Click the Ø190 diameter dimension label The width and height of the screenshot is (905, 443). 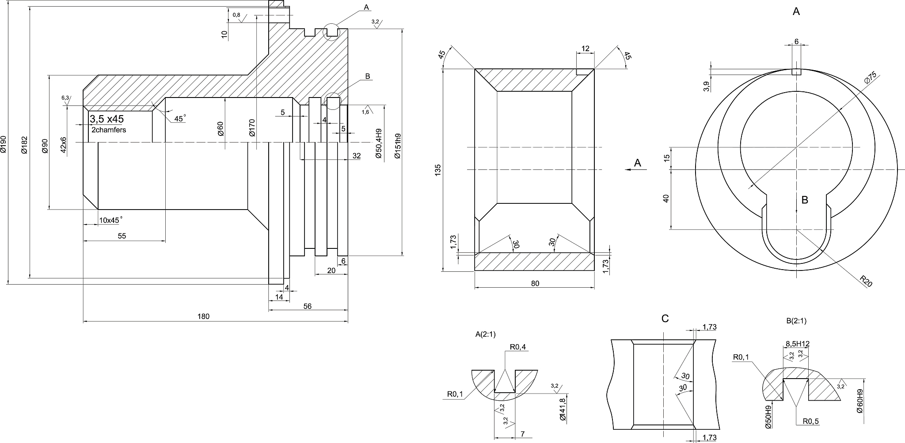(4, 144)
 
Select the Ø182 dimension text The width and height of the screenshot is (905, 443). (25, 144)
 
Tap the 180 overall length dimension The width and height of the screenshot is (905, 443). (203, 316)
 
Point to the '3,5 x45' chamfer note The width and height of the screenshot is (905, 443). (106, 119)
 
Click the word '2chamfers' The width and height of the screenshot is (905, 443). (109, 130)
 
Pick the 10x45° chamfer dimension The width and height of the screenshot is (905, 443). (110, 220)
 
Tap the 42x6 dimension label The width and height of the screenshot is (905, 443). (63, 145)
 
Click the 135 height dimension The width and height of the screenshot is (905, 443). (437, 169)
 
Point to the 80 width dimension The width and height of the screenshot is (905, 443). (535, 283)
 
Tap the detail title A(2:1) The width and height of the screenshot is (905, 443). (485, 334)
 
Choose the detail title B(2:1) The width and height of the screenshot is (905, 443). (796, 321)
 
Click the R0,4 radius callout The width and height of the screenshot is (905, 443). (518, 347)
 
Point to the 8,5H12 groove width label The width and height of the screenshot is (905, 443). (797, 344)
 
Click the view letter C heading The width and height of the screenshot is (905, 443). (665, 318)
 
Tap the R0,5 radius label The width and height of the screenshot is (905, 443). (810, 421)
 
